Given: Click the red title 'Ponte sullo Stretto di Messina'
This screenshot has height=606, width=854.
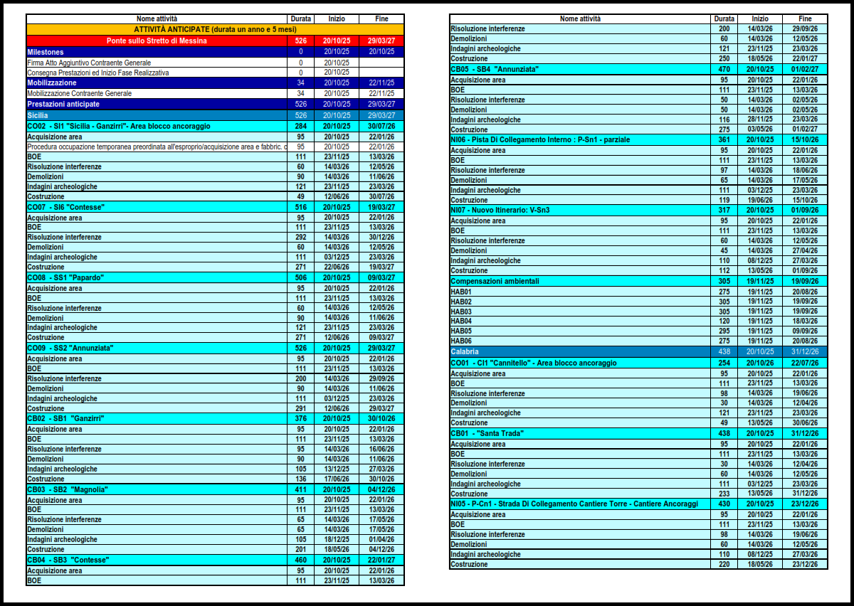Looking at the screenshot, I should click(x=157, y=41).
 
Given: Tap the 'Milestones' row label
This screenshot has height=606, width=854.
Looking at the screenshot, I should click(x=46, y=52).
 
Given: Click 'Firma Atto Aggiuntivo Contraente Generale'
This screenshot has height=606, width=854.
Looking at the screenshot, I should click(x=89, y=63).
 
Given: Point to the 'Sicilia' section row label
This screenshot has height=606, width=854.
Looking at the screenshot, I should click(x=38, y=115).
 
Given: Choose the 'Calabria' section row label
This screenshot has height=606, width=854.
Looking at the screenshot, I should click(x=465, y=352).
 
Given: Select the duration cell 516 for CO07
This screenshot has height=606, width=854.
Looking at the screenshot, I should click(x=300, y=207).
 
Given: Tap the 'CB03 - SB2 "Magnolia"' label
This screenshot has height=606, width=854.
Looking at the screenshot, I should click(x=68, y=489).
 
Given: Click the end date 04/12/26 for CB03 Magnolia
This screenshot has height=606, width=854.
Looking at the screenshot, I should click(x=381, y=489).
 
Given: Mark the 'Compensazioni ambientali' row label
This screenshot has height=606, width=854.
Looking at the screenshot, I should click(x=495, y=281).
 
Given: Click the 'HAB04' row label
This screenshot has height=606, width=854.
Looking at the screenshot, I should click(x=461, y=321).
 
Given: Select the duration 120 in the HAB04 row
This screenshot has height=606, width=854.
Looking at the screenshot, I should click(x=724, y=321).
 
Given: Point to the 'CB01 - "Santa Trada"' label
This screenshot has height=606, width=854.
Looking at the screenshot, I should click(x=487, y=433).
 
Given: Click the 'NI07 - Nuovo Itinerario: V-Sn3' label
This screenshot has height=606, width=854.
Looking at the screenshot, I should click(x=500, y=211).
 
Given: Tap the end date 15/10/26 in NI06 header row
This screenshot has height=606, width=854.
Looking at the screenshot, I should click(x=805, y=140).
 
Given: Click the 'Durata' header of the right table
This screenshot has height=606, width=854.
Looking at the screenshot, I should click(x=724, y=18).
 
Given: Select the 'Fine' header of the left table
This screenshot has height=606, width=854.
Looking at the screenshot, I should click(x=381, y=18).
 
